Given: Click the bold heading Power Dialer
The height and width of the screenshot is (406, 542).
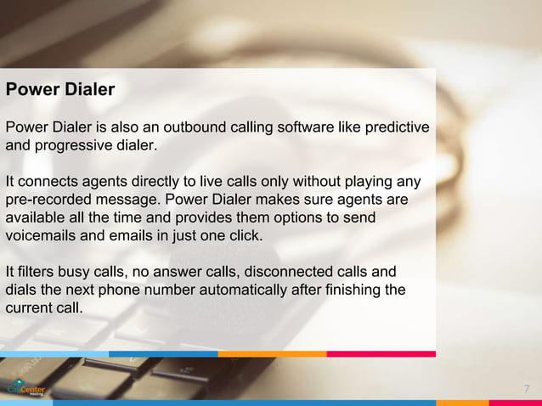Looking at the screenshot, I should [x=60, y=89].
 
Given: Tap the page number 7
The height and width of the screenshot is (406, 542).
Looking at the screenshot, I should [x=527, y=389].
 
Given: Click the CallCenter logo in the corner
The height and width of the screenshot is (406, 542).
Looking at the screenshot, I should [x=26, y=387].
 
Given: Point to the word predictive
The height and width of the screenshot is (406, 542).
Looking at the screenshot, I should [x=397, y=127].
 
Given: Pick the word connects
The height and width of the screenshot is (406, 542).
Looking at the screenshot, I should [x=46, y=182].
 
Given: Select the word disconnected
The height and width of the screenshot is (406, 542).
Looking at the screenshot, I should [x=295, y=272].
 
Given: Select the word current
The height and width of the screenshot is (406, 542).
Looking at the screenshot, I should [x=31, y=307].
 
